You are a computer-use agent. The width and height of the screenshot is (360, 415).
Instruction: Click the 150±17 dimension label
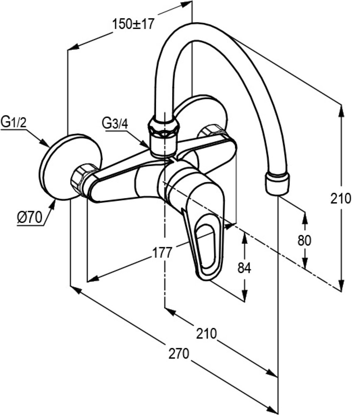(133, 24)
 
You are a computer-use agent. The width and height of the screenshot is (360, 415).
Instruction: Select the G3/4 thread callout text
(113, 123)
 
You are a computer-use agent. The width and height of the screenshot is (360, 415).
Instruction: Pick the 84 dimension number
(244, 269)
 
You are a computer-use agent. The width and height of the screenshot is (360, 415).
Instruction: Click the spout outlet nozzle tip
(276, 184)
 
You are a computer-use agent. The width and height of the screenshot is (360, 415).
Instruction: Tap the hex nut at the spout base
(164, 127)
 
